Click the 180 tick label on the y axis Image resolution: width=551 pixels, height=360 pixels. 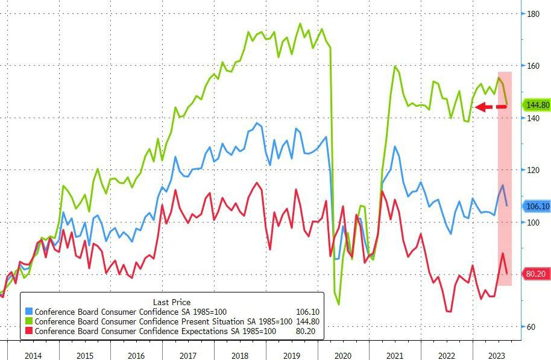pyautogui.click(x=533, y=14)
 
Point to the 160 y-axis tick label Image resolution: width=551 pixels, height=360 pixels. pyautogui.click(x=533, y=66)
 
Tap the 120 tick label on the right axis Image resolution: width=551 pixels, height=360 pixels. pyautogui.click(x=533, y=171)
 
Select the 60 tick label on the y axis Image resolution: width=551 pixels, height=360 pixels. pyautogui.click(x=531, y=327)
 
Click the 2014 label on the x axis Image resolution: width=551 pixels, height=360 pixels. pyautogui.click(x=33, y=355)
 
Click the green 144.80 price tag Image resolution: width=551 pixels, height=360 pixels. pyautogui.click(x=536, y=105)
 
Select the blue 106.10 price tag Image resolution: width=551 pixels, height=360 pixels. pyautogui.click(x=536, y=206)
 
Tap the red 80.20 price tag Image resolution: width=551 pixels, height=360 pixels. pyautogui.click(x=536, y=274)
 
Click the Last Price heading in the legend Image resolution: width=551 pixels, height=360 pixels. pyautogui.click(x=172, y=302)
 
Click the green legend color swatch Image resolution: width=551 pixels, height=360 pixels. pyautogui.click(x=30, y=322)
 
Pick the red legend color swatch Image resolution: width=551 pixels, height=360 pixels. pyautogui.click(x=30, y=332)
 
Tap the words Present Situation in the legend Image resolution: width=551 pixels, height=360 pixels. pyautogui.click(x=204, y=322)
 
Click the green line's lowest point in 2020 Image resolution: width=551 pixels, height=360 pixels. pyautogui.click(x=338, y=304)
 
